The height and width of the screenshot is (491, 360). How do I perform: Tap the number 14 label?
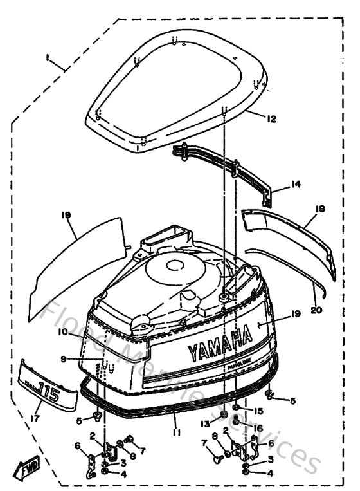pos(295,184)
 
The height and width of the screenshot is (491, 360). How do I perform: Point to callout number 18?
pos(320,210)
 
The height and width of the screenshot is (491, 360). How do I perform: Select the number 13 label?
pos(204,423)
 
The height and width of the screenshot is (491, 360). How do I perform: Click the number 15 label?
pos(259,411)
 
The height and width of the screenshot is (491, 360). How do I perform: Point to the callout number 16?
pos(259,427)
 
